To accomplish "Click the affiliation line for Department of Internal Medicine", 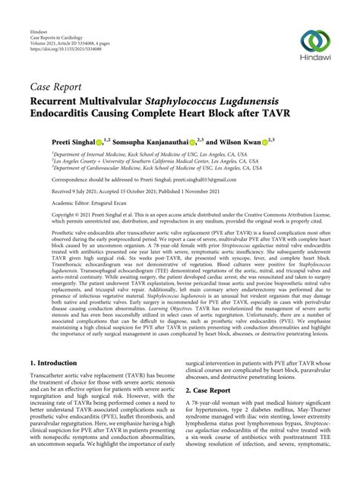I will click(x=144, y=153).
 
